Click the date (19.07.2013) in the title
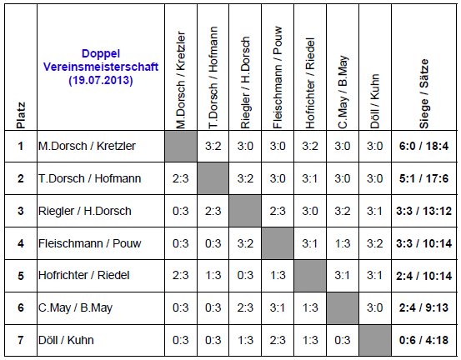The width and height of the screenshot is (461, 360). coord(101,80)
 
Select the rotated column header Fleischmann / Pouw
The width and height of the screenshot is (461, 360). coord(278,77)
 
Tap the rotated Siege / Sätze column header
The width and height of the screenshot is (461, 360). coord(424,93)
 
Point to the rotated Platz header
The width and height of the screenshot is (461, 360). coord(21,116)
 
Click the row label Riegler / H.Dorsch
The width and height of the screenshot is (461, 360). coord(85,211)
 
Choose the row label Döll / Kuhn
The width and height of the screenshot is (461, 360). coord(66,340)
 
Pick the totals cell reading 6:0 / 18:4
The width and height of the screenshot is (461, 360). coord(423,146)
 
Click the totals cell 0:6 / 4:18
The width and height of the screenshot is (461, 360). coord(423,340)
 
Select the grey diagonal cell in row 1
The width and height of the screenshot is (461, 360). coord(181,146)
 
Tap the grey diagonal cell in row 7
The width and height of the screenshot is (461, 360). coord(375,340)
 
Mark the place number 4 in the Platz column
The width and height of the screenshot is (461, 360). coord(21,243)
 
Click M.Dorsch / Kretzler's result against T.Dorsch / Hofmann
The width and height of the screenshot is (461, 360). coord(213,146)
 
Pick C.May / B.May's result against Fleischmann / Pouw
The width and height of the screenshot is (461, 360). coord(278,307)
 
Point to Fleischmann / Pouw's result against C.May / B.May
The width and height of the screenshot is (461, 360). coord(343,243)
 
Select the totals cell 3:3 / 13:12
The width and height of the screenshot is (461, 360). coord(423,211)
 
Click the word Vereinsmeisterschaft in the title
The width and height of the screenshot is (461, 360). coord(101,67)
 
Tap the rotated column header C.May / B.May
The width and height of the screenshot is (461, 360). coord(343,92)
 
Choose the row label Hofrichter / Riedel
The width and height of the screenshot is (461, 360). coord(84,275)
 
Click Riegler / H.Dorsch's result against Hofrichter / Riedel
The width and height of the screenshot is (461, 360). coord(310,211)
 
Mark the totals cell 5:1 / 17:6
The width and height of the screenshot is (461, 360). coord(423,178)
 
